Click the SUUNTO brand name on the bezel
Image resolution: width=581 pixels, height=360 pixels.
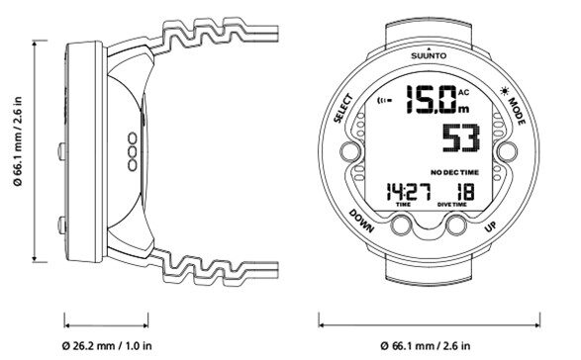(429, 56)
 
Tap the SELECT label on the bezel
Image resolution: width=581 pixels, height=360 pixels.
(342, 108)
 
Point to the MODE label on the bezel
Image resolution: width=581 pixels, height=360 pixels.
(517, 111)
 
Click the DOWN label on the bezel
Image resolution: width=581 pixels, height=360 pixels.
(361, 221)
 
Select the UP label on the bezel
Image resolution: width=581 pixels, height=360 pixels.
(490, 225)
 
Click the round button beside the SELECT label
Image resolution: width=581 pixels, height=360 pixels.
(350, 152)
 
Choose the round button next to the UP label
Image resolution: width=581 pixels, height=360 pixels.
(455, 225)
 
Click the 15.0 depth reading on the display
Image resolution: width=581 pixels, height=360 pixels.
(431, 99)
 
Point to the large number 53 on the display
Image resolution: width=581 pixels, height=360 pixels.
(461, 137)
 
